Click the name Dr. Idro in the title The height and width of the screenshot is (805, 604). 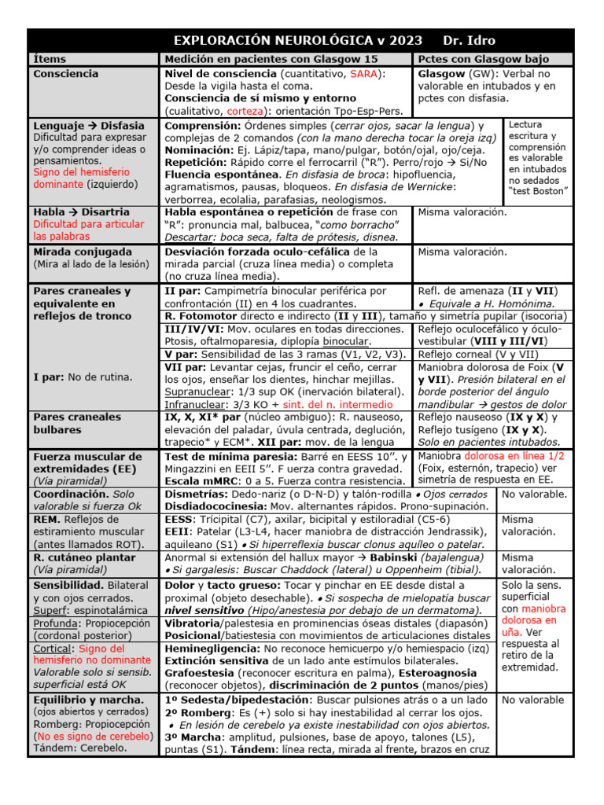[470, 40]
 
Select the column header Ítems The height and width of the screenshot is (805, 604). [50, 59]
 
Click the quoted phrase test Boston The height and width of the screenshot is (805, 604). [539, 191]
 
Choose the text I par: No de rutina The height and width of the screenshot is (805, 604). [82, 377]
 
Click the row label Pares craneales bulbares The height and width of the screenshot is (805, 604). [76, 423]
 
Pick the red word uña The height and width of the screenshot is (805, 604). [512, 631]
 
